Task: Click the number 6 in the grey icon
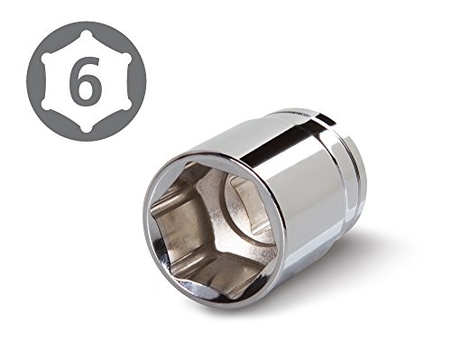point(85,80)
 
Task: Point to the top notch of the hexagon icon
point(87,34)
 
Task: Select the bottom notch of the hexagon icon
point(87,127)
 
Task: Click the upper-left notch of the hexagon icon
point(46,58)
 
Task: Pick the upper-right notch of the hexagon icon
point(126,58)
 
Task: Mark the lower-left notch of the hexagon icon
point(46,105)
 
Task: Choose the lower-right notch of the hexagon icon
point(126,105)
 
